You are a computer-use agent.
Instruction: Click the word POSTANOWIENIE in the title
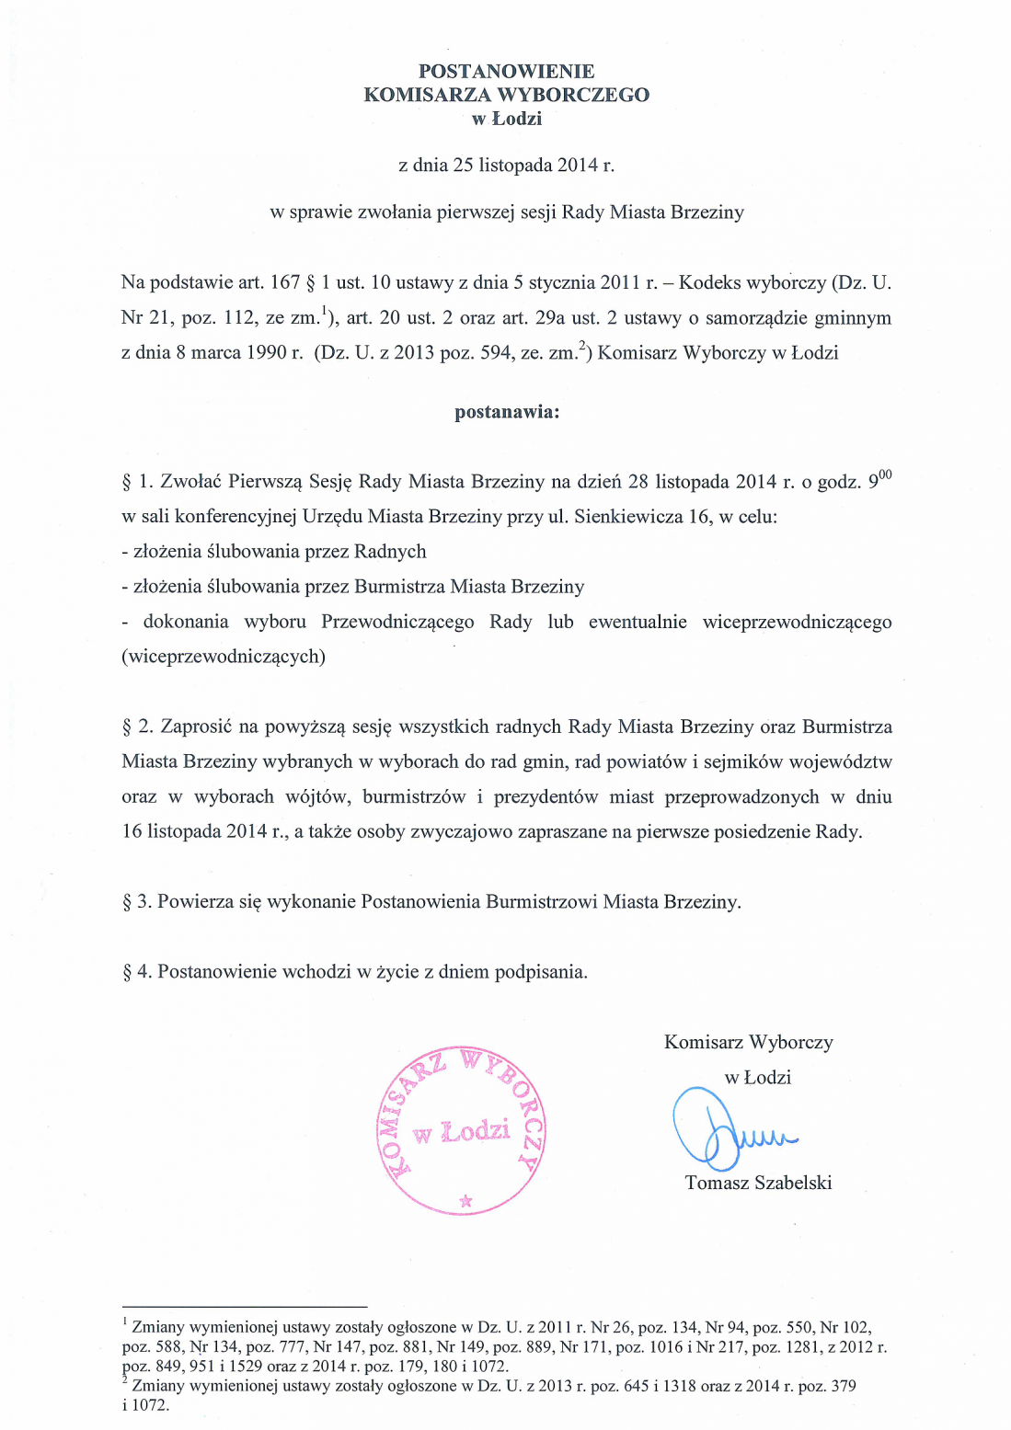pyautogui.click(x=506, y=71)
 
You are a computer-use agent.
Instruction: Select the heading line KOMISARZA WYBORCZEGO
pyautogui.click(x=506, y=95)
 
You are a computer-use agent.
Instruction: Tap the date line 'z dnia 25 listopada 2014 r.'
pyautogui.click(x=506, y=166)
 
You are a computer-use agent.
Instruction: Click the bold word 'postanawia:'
pyautogui.click(x=506, y=412)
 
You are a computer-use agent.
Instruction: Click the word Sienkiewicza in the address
pyautogui.click(x=627, y=517)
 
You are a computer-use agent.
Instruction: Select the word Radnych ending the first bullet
pyautogui.click(x=390, y=552)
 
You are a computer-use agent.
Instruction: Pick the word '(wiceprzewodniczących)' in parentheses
pyautogui.click(x=224, y=657)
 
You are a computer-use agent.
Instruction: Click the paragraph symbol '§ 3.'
pyautogui.click(x=137, y=902)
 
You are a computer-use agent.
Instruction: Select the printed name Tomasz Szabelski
pyautogui.click(x=758, y=1184)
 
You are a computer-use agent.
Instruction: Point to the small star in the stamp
pyautogui.click(x=465, y=1200)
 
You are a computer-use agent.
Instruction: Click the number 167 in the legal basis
pyautogui.click(x=285, y=283)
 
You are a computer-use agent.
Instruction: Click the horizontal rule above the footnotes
pyautogui.click(x=244, y=1306)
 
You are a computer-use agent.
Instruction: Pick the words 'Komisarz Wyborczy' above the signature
pyautogui.click(x=748, y=1043)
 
